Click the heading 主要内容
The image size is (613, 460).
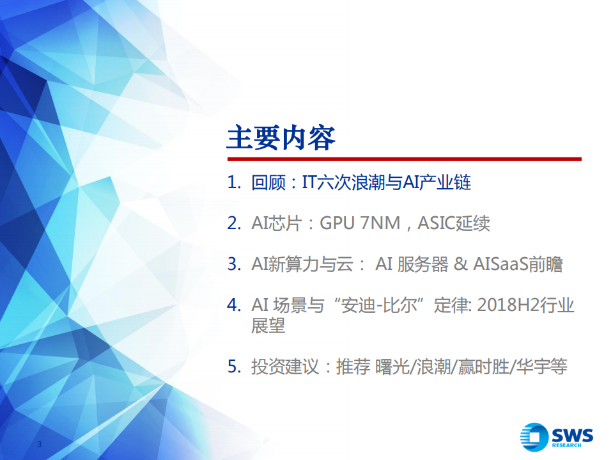281,137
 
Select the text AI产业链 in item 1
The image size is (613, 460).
437,183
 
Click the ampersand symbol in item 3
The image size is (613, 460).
460,264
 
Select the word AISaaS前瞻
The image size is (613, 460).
518,264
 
